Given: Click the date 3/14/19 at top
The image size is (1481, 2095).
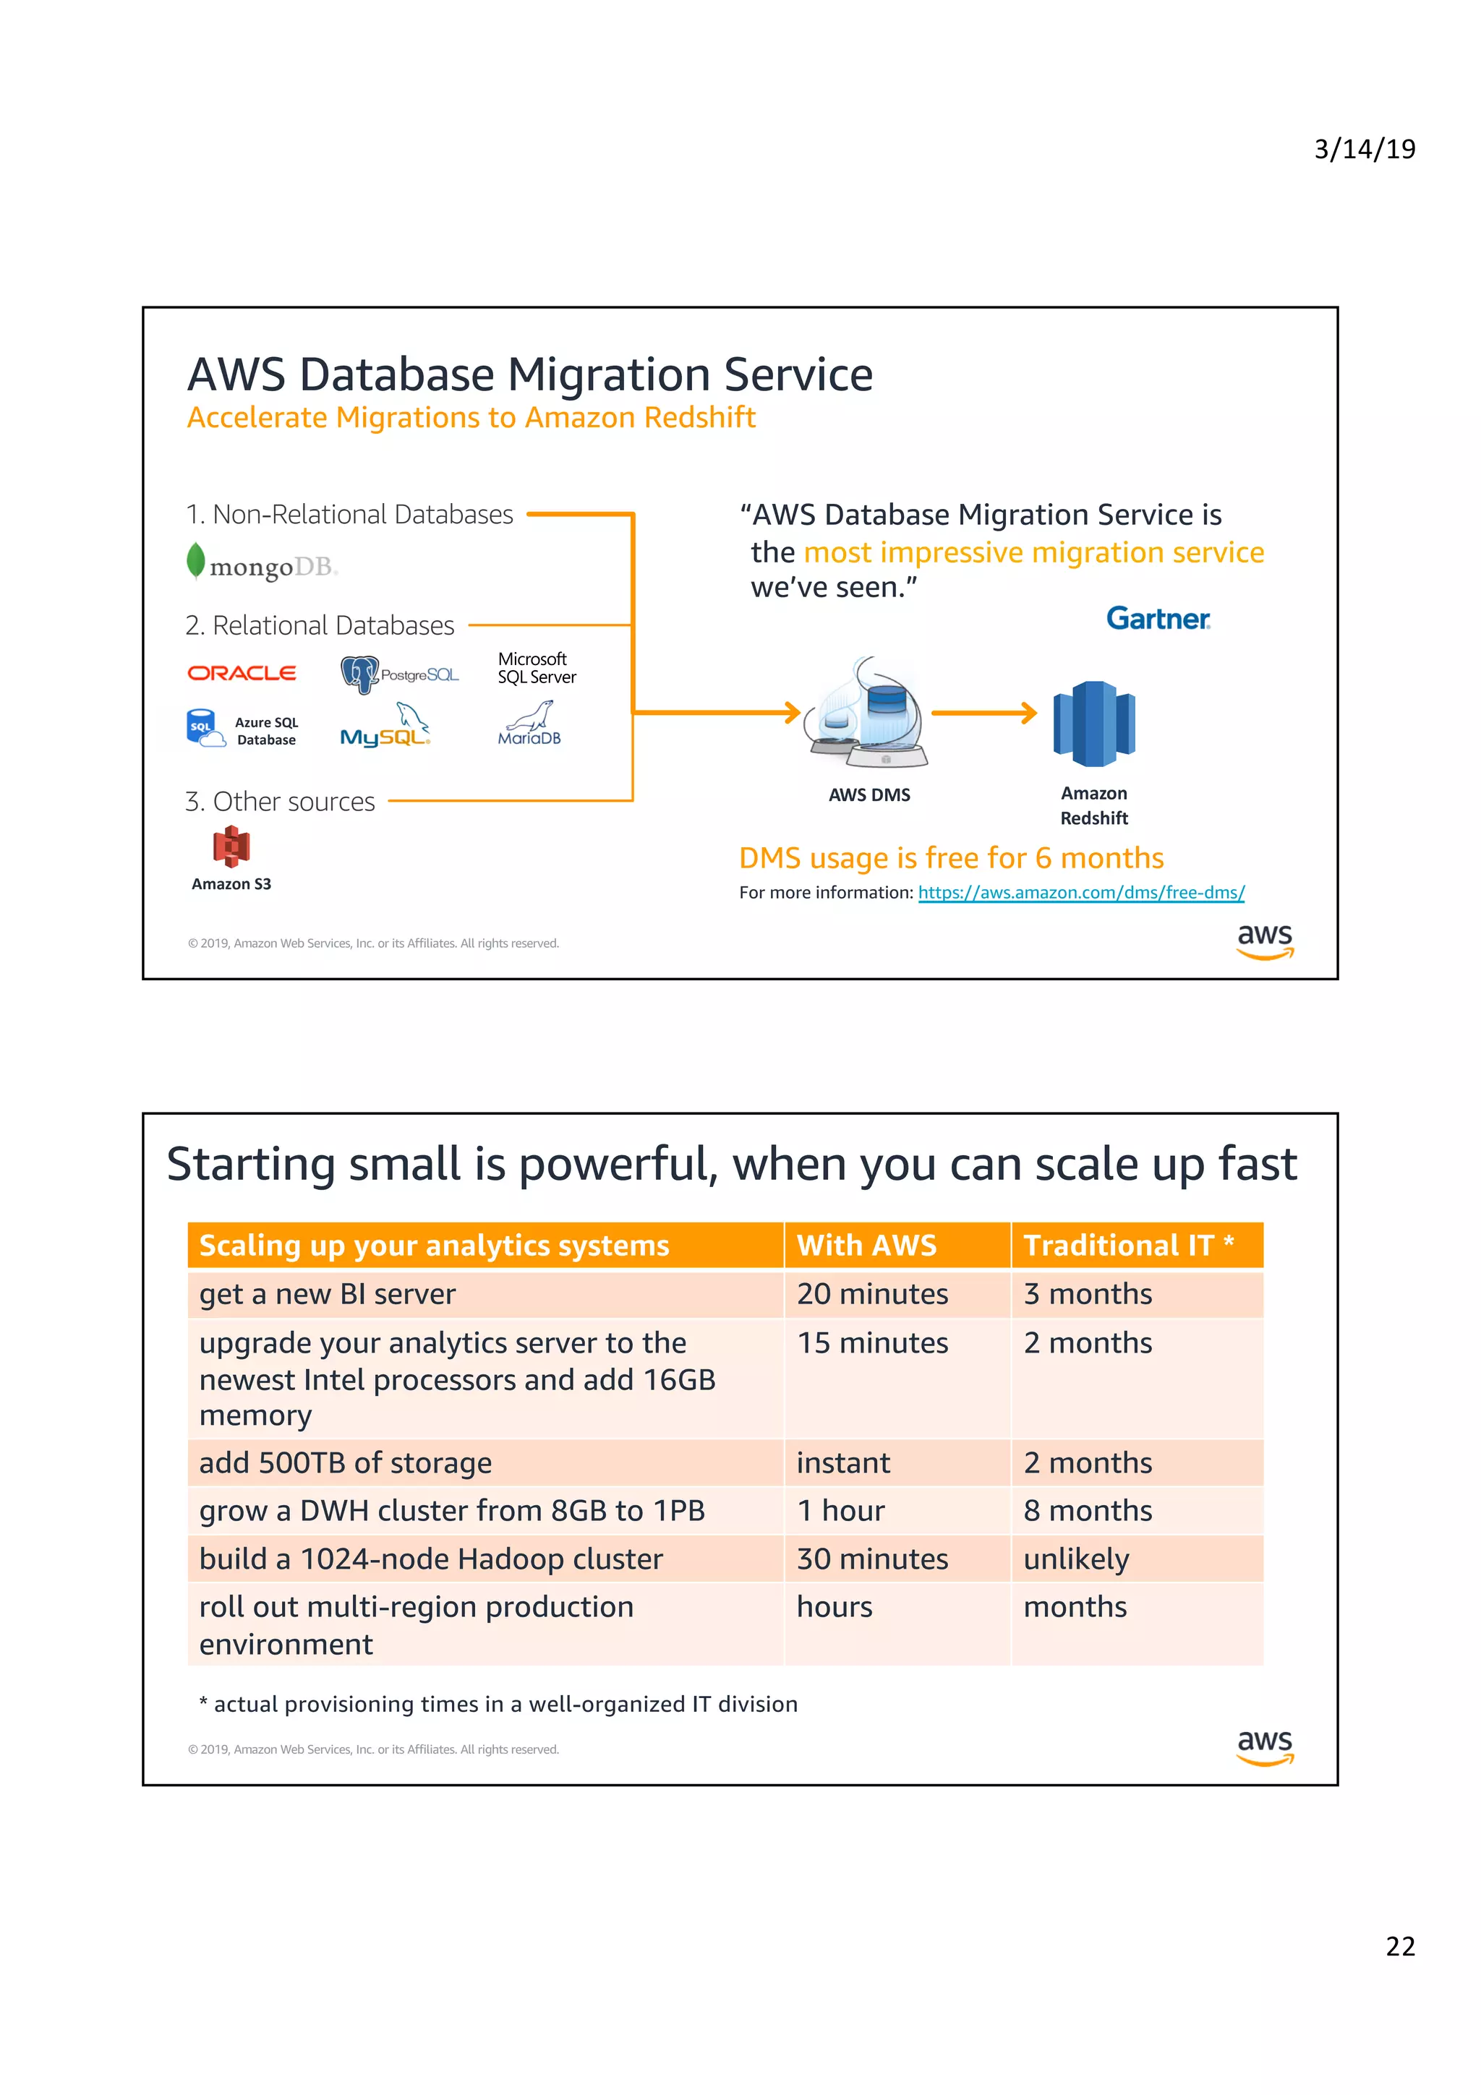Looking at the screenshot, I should point(1363,149).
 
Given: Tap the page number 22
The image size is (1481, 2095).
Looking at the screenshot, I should point(1400,1945).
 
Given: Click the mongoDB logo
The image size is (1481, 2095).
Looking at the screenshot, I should point(261,564).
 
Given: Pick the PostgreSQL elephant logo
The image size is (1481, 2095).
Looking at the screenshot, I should point(359,674).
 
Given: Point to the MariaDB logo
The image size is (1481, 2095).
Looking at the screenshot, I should point(529,724).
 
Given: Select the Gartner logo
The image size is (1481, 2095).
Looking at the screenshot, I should point(1157,619).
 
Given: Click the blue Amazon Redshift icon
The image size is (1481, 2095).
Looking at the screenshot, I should point(1093,724).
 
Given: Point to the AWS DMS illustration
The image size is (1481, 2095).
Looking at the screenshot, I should point(868,714).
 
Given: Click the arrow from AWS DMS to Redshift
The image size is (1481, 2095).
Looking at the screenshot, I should point(983,713).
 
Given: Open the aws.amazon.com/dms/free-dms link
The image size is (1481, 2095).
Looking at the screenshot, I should point(1080,892).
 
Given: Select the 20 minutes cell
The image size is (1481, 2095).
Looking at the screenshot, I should point(871,1294).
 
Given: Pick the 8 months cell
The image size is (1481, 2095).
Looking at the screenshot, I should point(1087,1510).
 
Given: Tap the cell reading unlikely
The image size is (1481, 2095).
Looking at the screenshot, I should point(1076,1559).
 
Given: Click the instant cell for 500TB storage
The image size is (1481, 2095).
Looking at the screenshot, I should point(842,1462).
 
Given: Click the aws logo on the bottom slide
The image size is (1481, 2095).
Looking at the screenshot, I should point(1264,1747).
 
